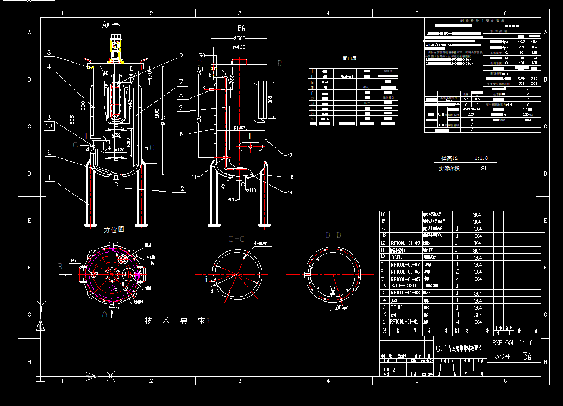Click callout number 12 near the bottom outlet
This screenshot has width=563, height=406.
[181, 189]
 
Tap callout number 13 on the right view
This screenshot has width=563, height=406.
[290, 156]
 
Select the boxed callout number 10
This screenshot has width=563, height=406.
[49, 126]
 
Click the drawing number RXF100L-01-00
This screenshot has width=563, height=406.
[514, 343]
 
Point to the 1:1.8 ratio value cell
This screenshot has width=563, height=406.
[481, 157]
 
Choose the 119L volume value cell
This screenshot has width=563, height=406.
[481, 169]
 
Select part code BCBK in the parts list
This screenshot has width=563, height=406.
[397, 257]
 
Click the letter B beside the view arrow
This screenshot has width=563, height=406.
[60, 267]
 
